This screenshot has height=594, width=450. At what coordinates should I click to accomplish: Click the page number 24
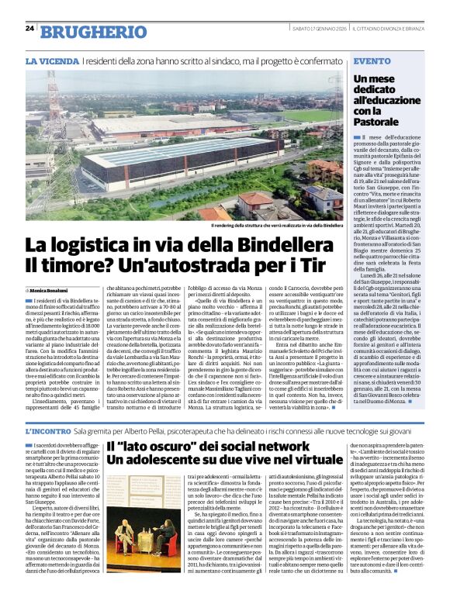coord(29,28)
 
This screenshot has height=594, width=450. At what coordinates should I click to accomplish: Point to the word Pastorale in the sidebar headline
coord(381,122)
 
